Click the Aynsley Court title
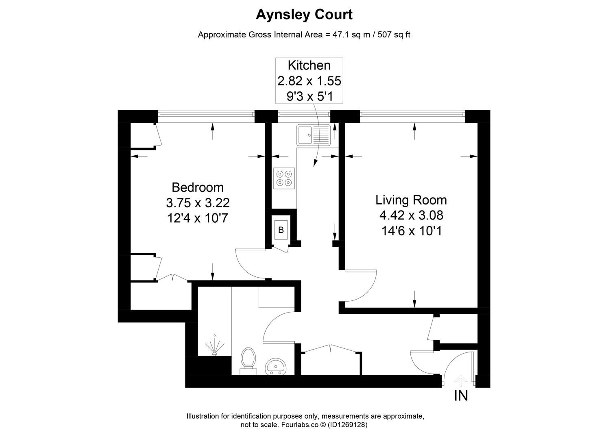click(304, 15)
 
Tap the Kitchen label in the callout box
click(309, 65)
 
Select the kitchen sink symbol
click(314, 135)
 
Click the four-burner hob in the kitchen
click(284, 178)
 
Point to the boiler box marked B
click(281, 230)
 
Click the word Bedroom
click(198, 187)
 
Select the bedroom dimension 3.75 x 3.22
click(198, 202)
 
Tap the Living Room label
click(411, 200)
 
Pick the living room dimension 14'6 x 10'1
click(412, 231)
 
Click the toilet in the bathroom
click(248, 359)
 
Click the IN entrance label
click(461, 396)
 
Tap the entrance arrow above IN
click(460, 380)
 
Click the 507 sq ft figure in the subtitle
click(394, 35)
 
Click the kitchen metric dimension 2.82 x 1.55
click(309, 81)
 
